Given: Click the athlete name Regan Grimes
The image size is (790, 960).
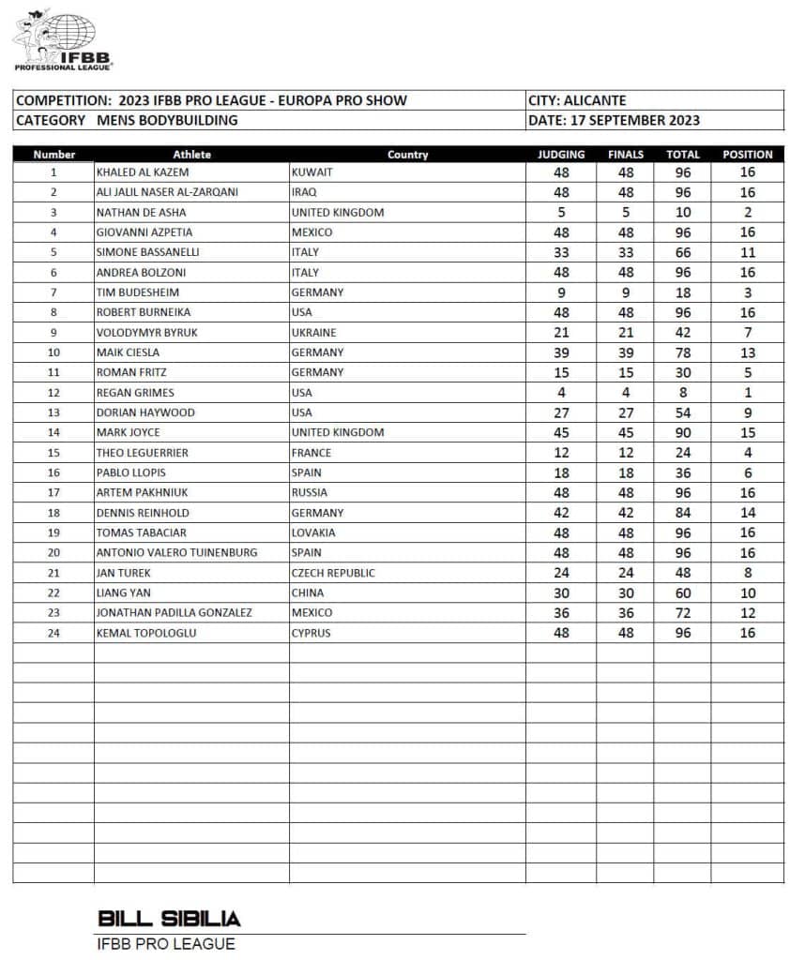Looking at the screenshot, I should [135, 393].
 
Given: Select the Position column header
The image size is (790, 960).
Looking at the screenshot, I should [747, 155].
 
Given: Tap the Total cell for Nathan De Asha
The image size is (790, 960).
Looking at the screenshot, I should [682, 213].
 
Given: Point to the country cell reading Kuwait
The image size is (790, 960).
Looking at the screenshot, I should [311, 172].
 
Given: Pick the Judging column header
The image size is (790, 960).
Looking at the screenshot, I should [561, 155].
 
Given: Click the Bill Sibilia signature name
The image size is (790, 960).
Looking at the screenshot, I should [169, 918].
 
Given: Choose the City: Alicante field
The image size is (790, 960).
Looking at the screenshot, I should [578, 100].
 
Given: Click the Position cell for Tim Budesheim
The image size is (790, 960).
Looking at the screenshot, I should [748, 292].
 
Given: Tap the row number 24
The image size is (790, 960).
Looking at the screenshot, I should [53, 633].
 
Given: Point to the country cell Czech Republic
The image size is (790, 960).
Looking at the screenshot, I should [333, 573].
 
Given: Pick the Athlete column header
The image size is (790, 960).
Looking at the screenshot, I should [191, 155].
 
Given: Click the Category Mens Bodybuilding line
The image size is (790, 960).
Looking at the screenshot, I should [127, 120].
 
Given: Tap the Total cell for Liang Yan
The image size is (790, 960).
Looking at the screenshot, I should [682, 592].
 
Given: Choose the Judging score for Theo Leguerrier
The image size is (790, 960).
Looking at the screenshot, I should [561, 453].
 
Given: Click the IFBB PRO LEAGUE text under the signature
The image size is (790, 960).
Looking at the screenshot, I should [166, 944].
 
